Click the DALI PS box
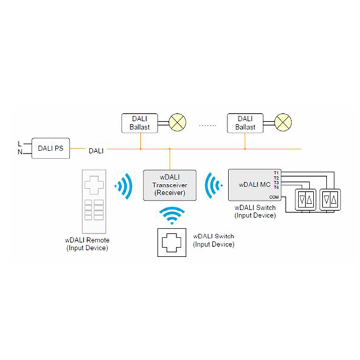51,149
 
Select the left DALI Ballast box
139,123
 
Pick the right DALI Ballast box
245,123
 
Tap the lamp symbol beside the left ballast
177,122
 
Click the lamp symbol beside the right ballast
283,122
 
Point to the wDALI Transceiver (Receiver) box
170,185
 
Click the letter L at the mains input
20,144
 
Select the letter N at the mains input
20,152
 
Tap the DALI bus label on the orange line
96,151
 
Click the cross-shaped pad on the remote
94,185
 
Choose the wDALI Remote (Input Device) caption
87,244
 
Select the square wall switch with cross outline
172,242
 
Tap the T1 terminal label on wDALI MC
276,173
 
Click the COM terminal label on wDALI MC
274,197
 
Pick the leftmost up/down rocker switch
306,200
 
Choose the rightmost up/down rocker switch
330,200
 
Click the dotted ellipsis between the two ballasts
207,126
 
